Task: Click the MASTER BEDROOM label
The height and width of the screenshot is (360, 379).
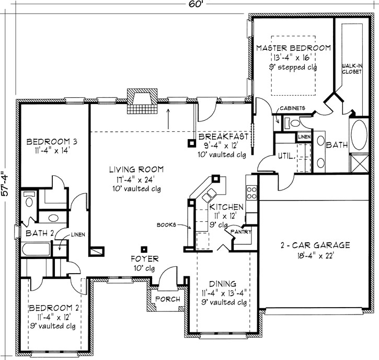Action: [x=293, y=48]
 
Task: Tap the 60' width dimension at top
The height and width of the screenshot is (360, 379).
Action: [x=195, y=4]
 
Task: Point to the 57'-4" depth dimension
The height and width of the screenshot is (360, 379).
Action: [x=5, y=184]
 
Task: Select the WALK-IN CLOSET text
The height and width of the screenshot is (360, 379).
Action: [x=352, y=69]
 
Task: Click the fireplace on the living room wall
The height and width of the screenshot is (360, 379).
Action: [x=142, y=102]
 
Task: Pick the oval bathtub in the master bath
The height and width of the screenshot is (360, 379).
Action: [x=359, y=135]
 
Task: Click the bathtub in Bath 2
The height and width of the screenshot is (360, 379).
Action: [x=36, y=249]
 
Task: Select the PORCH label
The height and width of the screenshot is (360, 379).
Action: [x=167, y=299]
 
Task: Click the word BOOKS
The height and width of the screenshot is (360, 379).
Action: [x=166, y=225]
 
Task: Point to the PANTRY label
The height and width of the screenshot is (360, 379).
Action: [x=241, y=232]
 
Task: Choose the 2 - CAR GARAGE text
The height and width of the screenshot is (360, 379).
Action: [x=315, y=245]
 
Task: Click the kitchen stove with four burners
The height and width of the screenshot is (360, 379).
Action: [x=251, y=193]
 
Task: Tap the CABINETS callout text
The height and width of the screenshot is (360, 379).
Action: [x=292, y=108]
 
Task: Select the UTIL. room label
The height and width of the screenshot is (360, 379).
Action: [x=286, y=156]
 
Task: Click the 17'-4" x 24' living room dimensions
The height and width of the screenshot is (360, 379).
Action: [x=135, y=179]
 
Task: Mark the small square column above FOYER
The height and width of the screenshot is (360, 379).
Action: [x=144, y=250]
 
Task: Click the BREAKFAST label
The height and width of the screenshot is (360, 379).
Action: [x=223, y=137]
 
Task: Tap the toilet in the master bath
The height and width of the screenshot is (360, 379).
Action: [x=292, y=123]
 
